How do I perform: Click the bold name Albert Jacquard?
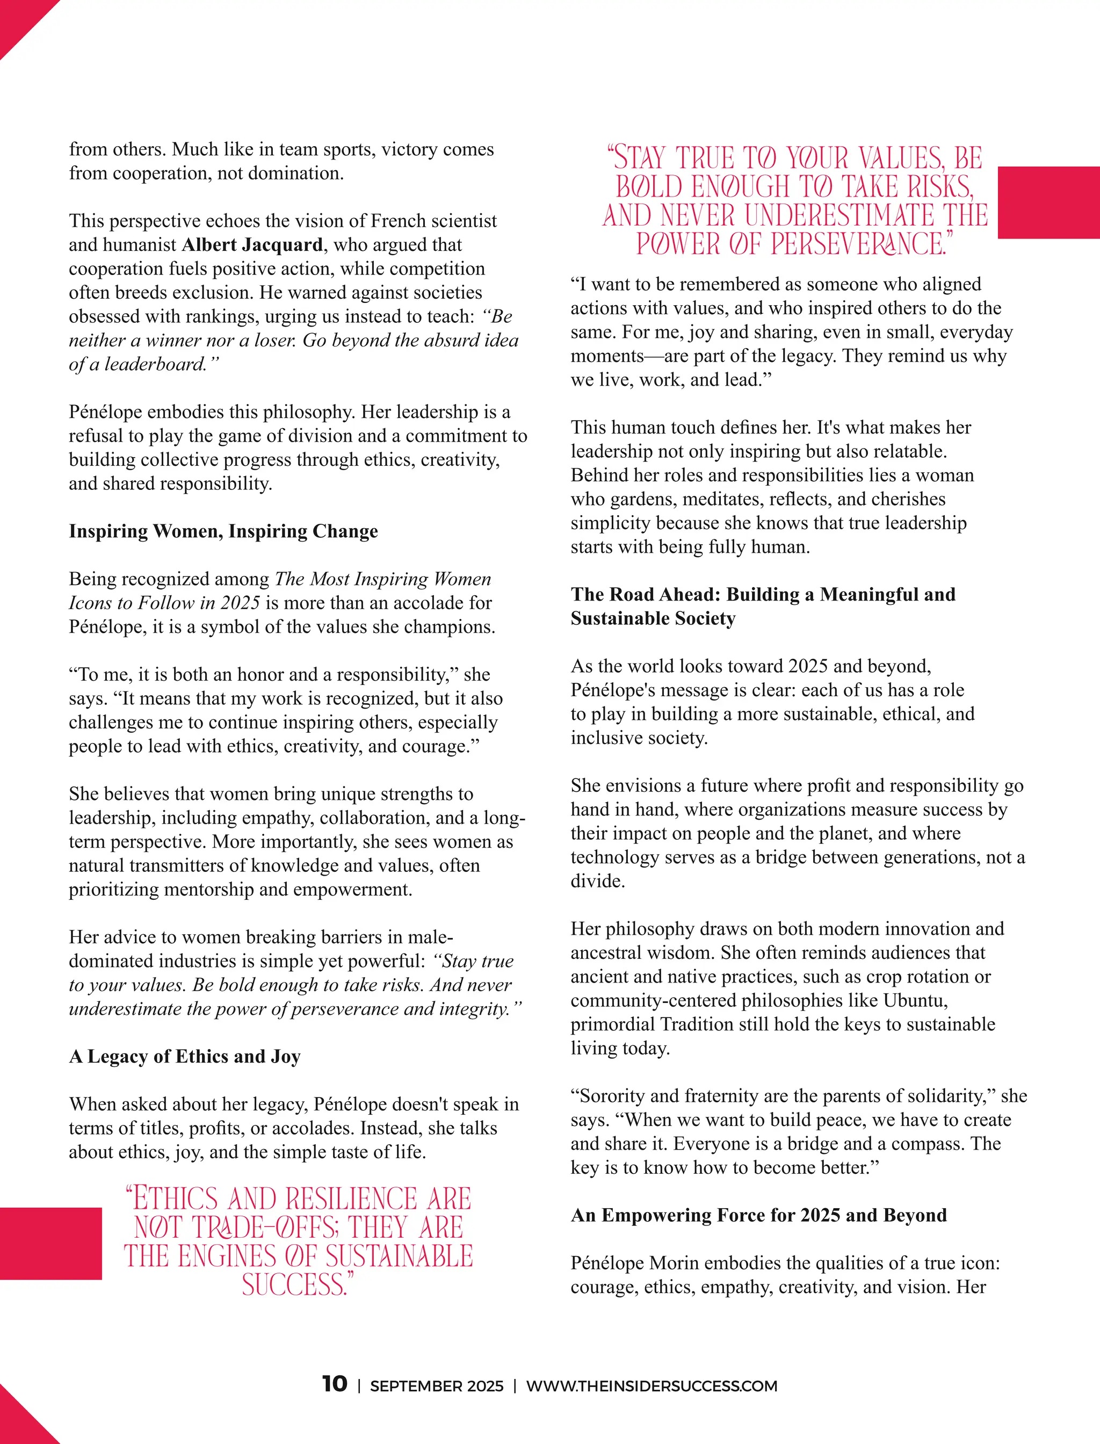point(252,245)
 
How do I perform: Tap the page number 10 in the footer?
point(335,1384)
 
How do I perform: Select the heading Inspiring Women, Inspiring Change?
point(223,531)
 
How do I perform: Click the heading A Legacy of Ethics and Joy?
point(185,1056)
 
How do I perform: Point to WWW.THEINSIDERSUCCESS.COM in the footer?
point(652,1386)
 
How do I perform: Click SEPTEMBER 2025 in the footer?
point(437,1386)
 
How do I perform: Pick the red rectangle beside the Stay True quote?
point(1048,203)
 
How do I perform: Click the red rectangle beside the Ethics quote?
point(50,1243)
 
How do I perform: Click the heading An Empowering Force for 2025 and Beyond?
point(759,1216)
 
